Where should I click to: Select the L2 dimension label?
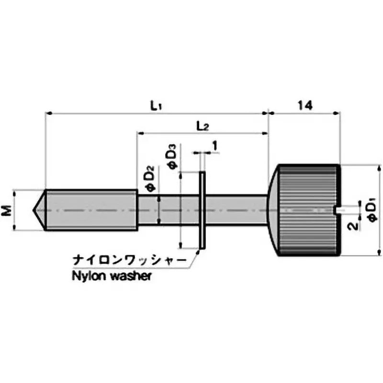pyautogui.click(x=203, y=126)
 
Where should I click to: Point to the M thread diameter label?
pyautogui.click(x=6, y=210)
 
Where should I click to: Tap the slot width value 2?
pyautogui.click(x=353, y=225)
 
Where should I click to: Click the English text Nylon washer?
pyautogui.click(x=112, y=276)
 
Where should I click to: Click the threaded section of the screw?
pyautogui.click(x=91, y=210)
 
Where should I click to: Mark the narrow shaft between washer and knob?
pyautogui.click(x=237, y=209)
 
